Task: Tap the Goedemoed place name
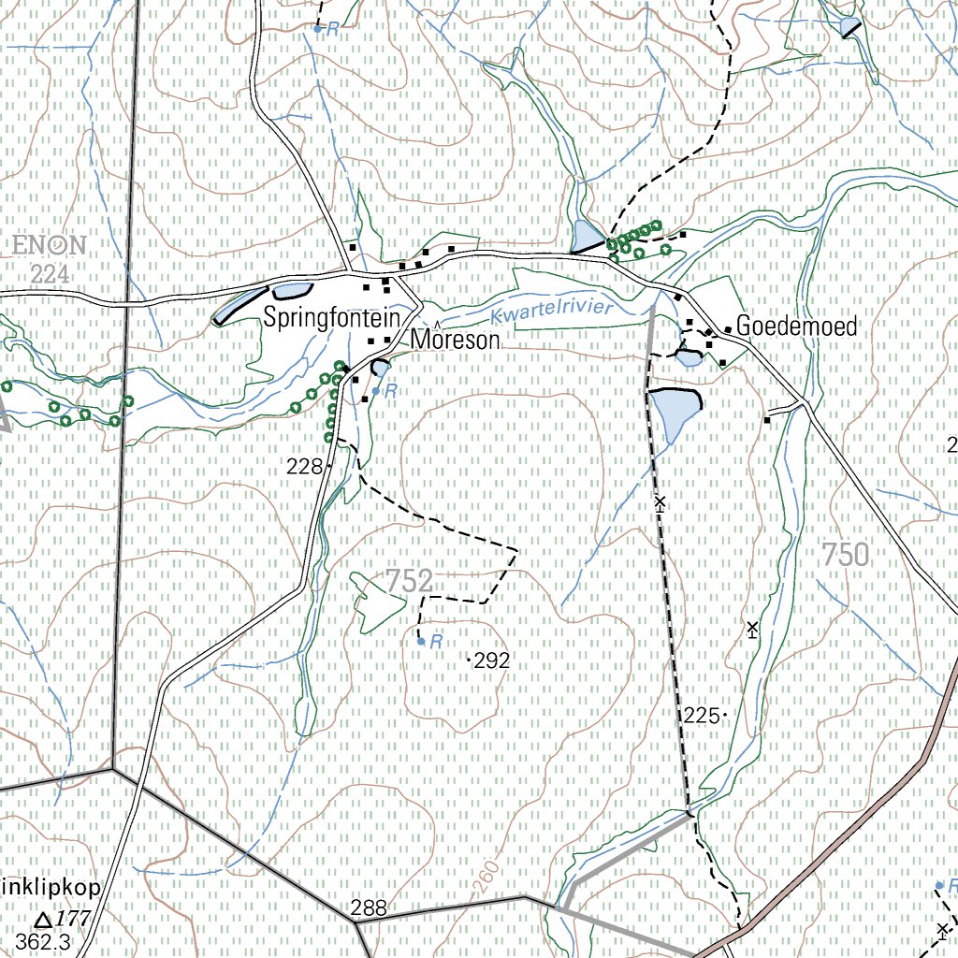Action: (796, 327)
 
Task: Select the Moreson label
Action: (456, 341)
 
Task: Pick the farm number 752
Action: (409, 581)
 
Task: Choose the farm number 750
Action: (846, 555)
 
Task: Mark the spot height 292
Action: (491, 661)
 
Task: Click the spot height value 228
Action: (305, 466)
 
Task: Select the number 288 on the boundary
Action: (369, 907)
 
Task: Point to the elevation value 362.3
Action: (43, 942)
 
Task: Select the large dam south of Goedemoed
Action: (675, 412)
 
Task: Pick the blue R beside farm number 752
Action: (436, 642)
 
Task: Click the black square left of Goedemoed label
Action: (727, 329)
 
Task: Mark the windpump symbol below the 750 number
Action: (752, 629)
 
